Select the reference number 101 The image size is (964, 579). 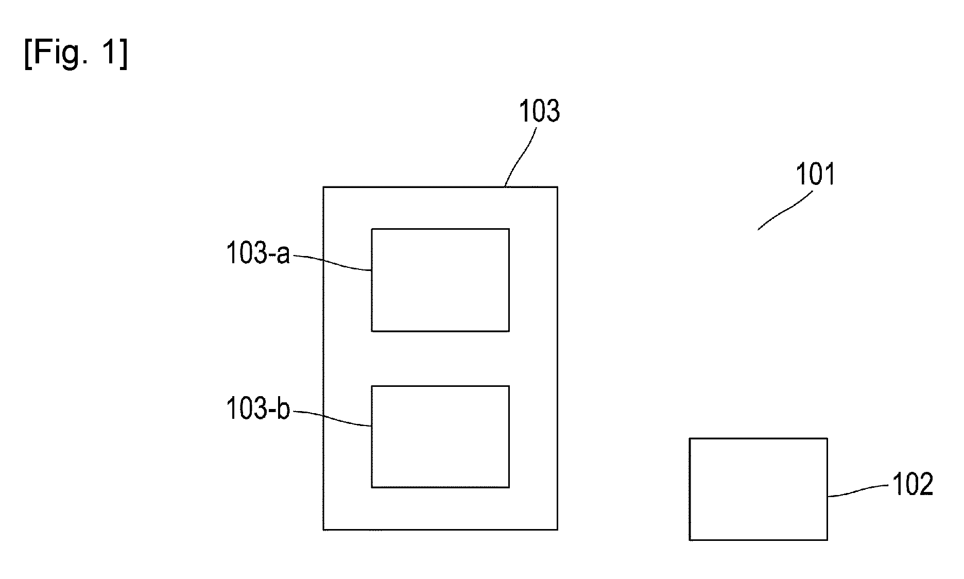(x=815, y=174)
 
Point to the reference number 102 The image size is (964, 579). (x=913, y=485)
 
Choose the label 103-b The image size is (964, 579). (x=259, y=410)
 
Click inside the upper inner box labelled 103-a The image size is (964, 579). (x=440, y=280)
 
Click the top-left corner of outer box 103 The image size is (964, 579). (x=323, y=187)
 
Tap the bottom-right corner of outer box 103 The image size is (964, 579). (x=557, y=530)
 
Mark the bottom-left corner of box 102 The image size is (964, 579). (x=690, y=540)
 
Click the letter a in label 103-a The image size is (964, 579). (x=283, y=256)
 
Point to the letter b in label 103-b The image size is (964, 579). (x=283, y=410)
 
